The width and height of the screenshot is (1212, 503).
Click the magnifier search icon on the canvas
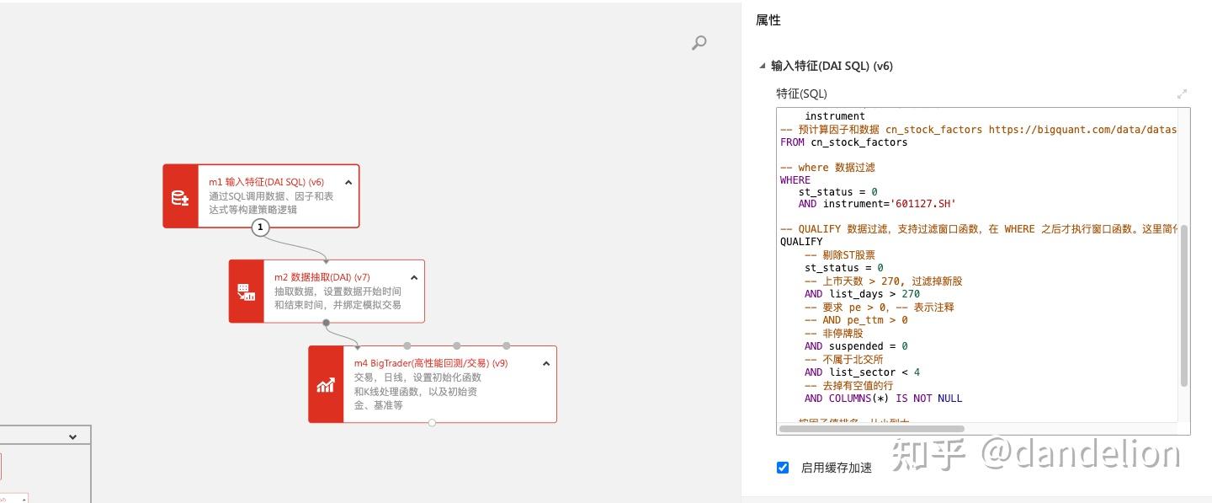click(x=699, y=42)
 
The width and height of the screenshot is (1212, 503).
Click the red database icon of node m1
click(x=180, y=196)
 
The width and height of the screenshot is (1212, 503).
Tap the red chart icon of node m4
click(x=326, y=384)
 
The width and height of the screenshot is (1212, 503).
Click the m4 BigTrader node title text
click(x=430, y=363)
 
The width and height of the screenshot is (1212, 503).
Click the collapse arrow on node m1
click(x=348, y=182)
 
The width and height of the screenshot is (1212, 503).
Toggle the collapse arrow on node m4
click(x=546, y=363)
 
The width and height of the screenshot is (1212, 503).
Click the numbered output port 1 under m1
click(x=261, y=227)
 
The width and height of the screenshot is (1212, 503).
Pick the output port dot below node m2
click(x=327, y=323)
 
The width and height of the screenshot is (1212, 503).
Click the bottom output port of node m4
click(x=432, y=423)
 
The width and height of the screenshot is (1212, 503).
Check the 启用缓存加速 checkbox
click(x=783, y=468)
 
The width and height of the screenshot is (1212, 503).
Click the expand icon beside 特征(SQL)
click(x=1182, y=94)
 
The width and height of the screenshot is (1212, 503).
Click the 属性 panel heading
click(x=768, y=20)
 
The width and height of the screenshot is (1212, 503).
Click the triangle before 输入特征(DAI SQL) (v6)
click(x=763, y=66)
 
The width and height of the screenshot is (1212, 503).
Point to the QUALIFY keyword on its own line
click(x=801, y=242)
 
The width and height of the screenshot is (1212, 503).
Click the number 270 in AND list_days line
click(x=911, y=294)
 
